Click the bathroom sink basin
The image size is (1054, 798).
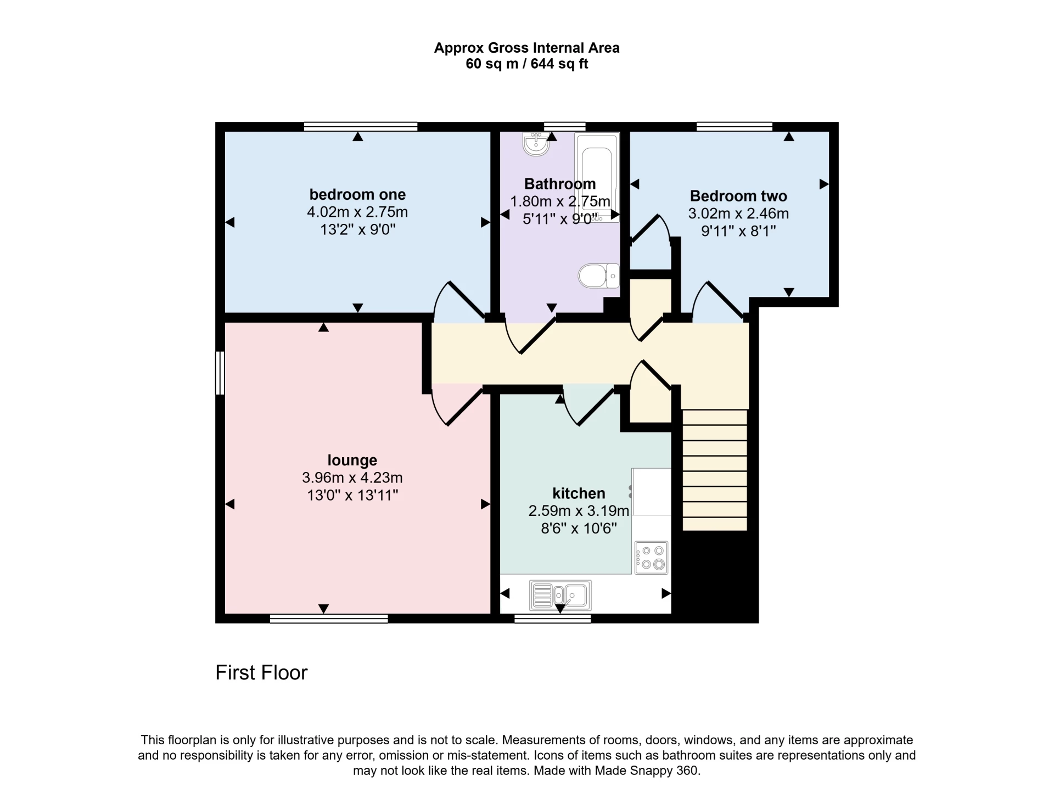click(x=535, y=144)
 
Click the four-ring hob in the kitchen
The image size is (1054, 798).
click(x=652, y=557)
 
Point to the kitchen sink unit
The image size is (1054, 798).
click(x=560, y=595)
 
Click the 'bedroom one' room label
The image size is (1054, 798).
click(x=357, y=194)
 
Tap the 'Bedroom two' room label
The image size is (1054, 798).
click(x=738, y=196)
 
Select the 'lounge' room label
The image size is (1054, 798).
click(x=352, y=460)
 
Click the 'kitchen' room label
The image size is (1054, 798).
click(x=579, y=493)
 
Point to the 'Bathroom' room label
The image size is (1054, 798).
click(x=560, y=184)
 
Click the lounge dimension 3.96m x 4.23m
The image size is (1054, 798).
click(x=352, y=477)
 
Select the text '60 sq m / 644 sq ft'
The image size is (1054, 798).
click(x=526, y=64)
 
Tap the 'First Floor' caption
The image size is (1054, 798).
click(x=261, y=672)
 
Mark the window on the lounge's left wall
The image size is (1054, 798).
click(x=220, y=373)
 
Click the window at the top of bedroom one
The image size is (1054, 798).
click(x=361, y=126)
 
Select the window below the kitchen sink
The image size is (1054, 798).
click(x=552, y=619)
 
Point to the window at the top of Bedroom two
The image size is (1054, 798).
click(x=734, y=126)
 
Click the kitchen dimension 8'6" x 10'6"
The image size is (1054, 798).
click(x=579, y=529)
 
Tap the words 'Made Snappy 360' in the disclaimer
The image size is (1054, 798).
click(x=647, y=771)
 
